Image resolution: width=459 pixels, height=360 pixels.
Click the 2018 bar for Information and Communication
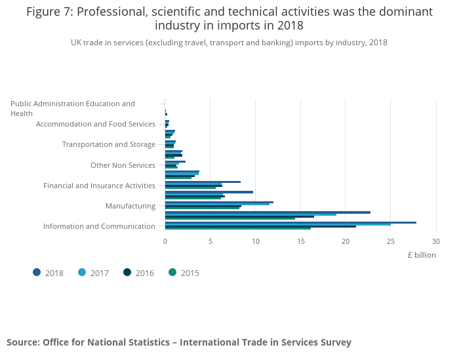pyautogui.click(x=290, y=222)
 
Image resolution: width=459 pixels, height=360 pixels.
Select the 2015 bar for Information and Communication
pyautogui.click(x=238, y=228)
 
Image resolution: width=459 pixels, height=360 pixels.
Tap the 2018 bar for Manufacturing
pyautogui.click(x=219, y=202)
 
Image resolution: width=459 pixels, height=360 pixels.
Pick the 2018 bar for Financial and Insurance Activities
pyautogui.click(x=203, y=182)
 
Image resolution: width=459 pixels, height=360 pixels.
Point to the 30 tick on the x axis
pyautogui.click(x=435, y=241)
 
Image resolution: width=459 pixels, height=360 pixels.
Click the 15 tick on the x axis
pyautogui.click(x=300, y=241)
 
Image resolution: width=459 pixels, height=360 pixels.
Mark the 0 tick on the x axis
pyautogui.click(x=165, y=241)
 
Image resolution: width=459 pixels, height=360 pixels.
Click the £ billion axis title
pyautogui.click(x=421, y=255)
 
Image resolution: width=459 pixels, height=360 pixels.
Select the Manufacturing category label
pyautogui.click(x=130, y=206)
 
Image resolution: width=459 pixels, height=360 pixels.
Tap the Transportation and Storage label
pyautogui.click(x=108, y=144)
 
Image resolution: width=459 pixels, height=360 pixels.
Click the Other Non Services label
pyautogui.click(x=123, y=165)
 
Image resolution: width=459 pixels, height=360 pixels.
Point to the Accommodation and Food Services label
pyautogui.click(x=96, y=124)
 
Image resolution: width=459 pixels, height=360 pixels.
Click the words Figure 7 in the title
pyautogui.click(x=49, y=12)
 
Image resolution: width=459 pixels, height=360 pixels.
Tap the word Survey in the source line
pyautogui.click(x=334, y=342)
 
